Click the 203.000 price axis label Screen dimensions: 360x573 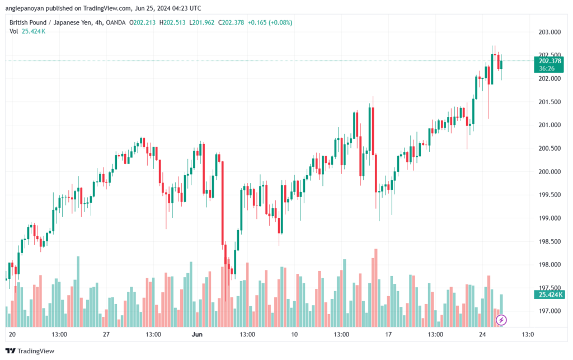coord(548,32)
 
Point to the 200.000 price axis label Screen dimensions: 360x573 coord(548,171)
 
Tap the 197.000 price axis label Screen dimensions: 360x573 coord(548,311)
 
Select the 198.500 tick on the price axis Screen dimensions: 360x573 coord(548,241)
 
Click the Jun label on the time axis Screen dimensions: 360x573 coord(197,334)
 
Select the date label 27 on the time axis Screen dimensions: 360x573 coord(106,334)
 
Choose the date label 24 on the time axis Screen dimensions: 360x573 coord(481,334)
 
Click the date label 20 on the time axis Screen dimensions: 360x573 coord(12,334)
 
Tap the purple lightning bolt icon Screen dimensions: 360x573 coord(502,320)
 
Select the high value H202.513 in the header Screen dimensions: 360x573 coord(174,22)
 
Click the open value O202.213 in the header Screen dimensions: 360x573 coord(143,22)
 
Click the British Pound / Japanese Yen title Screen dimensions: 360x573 coord(51,22)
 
